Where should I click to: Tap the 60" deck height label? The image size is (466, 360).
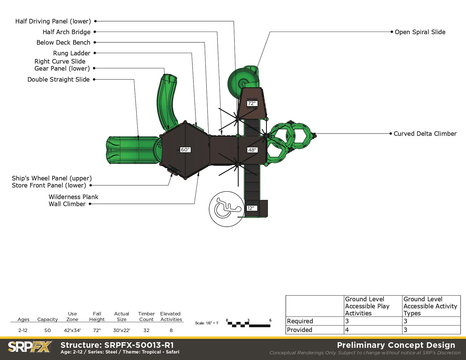click(x=185, y=150)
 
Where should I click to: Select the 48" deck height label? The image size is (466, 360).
click(x=252, y=150)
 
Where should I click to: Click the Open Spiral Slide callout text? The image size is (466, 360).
click(x=420, y=32)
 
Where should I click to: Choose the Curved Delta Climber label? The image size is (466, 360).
click(x=425, y=134)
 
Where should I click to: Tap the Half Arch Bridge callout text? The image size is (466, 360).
click(x=67, y=32)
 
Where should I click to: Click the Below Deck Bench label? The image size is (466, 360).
click(x=63, y=43)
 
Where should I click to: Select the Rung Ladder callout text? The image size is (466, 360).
click(x=72, y=53)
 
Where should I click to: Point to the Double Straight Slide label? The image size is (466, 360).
click(x=58, y=80)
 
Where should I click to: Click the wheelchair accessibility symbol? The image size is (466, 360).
click(x=227, y=209)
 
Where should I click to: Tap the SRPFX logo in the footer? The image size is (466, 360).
click(x=30, y=347)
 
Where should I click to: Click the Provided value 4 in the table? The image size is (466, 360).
click(x=347, y=330)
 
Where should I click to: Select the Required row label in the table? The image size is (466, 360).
click(x=300, y=321)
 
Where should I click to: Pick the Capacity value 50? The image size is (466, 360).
click(x=47, y=330)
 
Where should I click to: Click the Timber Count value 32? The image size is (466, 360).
click(x=146, y=330)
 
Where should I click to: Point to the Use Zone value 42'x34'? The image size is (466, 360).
click(x=72, y=330)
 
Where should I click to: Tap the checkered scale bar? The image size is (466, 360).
click(x=249, y=324)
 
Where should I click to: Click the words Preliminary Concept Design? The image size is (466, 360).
click(x=396, y=345)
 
